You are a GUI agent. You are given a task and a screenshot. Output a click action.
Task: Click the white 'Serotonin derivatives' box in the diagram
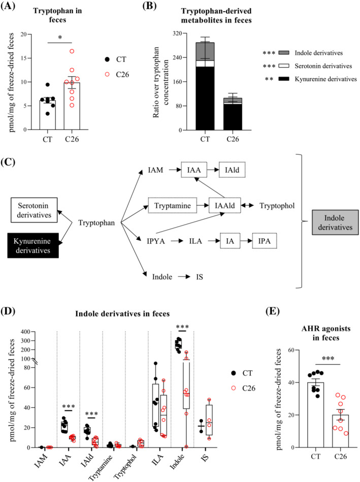(36, 211)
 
